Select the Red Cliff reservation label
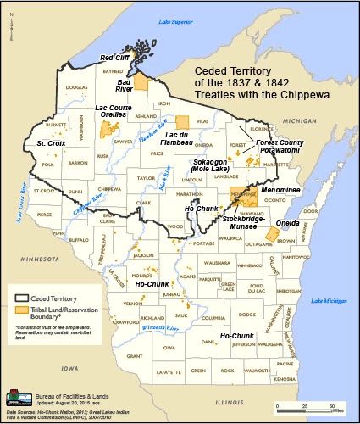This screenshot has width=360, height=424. tap(115, 58)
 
